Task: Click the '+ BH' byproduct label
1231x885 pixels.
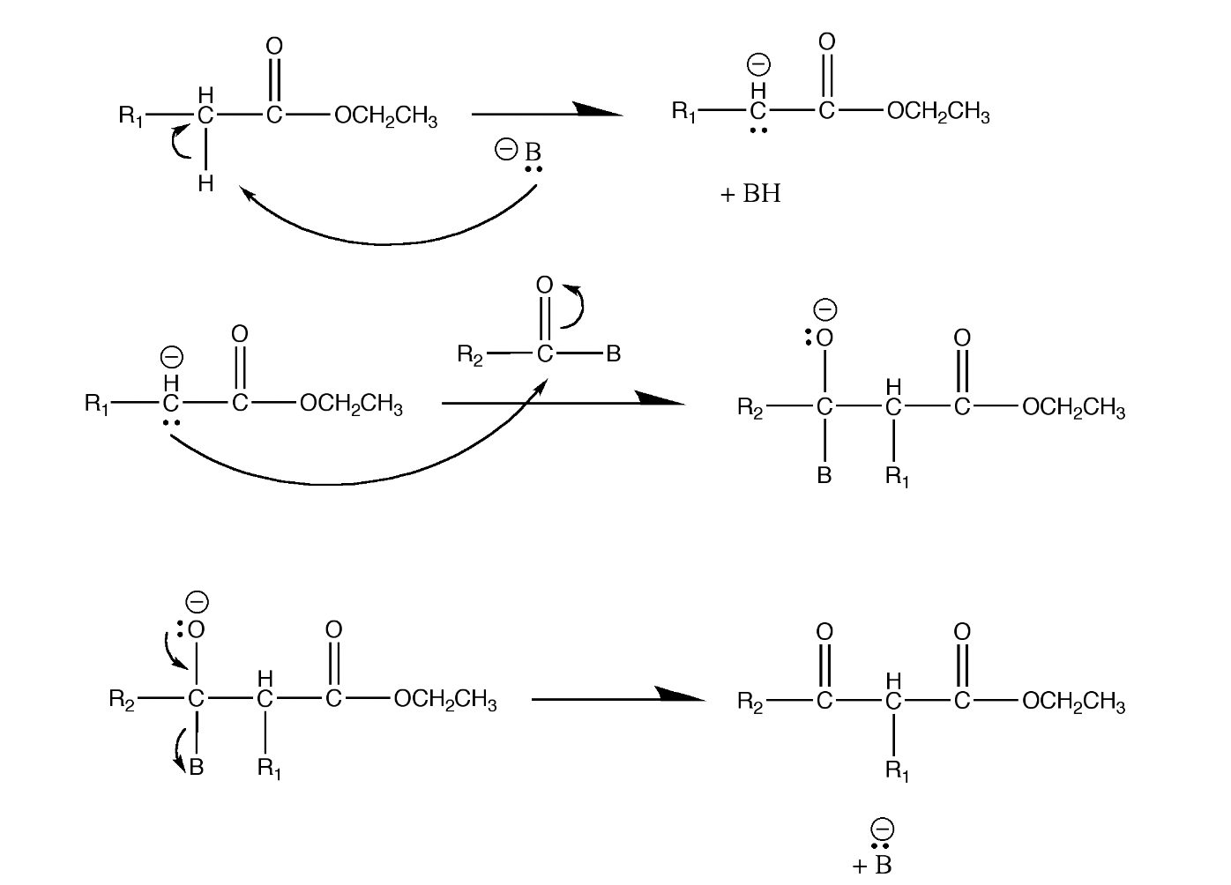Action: point(750,194)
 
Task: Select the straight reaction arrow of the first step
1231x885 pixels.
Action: point(547,113)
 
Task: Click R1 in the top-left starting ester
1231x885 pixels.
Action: point(131,115)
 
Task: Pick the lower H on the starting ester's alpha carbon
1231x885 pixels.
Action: point(205,183)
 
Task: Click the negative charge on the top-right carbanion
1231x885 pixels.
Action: point(758,64)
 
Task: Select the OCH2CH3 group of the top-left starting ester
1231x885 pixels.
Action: point(385,117)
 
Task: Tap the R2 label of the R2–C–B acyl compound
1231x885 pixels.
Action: point(470,355)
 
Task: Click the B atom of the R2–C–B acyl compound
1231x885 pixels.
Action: point(614,354)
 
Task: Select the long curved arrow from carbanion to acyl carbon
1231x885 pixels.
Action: point(335,482)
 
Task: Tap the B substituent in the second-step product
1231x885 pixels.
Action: point(824,476)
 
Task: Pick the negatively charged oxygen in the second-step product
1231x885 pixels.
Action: point(824,338)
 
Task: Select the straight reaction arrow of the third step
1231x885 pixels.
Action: point(617,698)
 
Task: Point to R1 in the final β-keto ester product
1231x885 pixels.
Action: point(897,772)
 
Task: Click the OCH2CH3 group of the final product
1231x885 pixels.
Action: point(1073,703)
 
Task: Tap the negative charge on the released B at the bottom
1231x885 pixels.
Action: point(882,829)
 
